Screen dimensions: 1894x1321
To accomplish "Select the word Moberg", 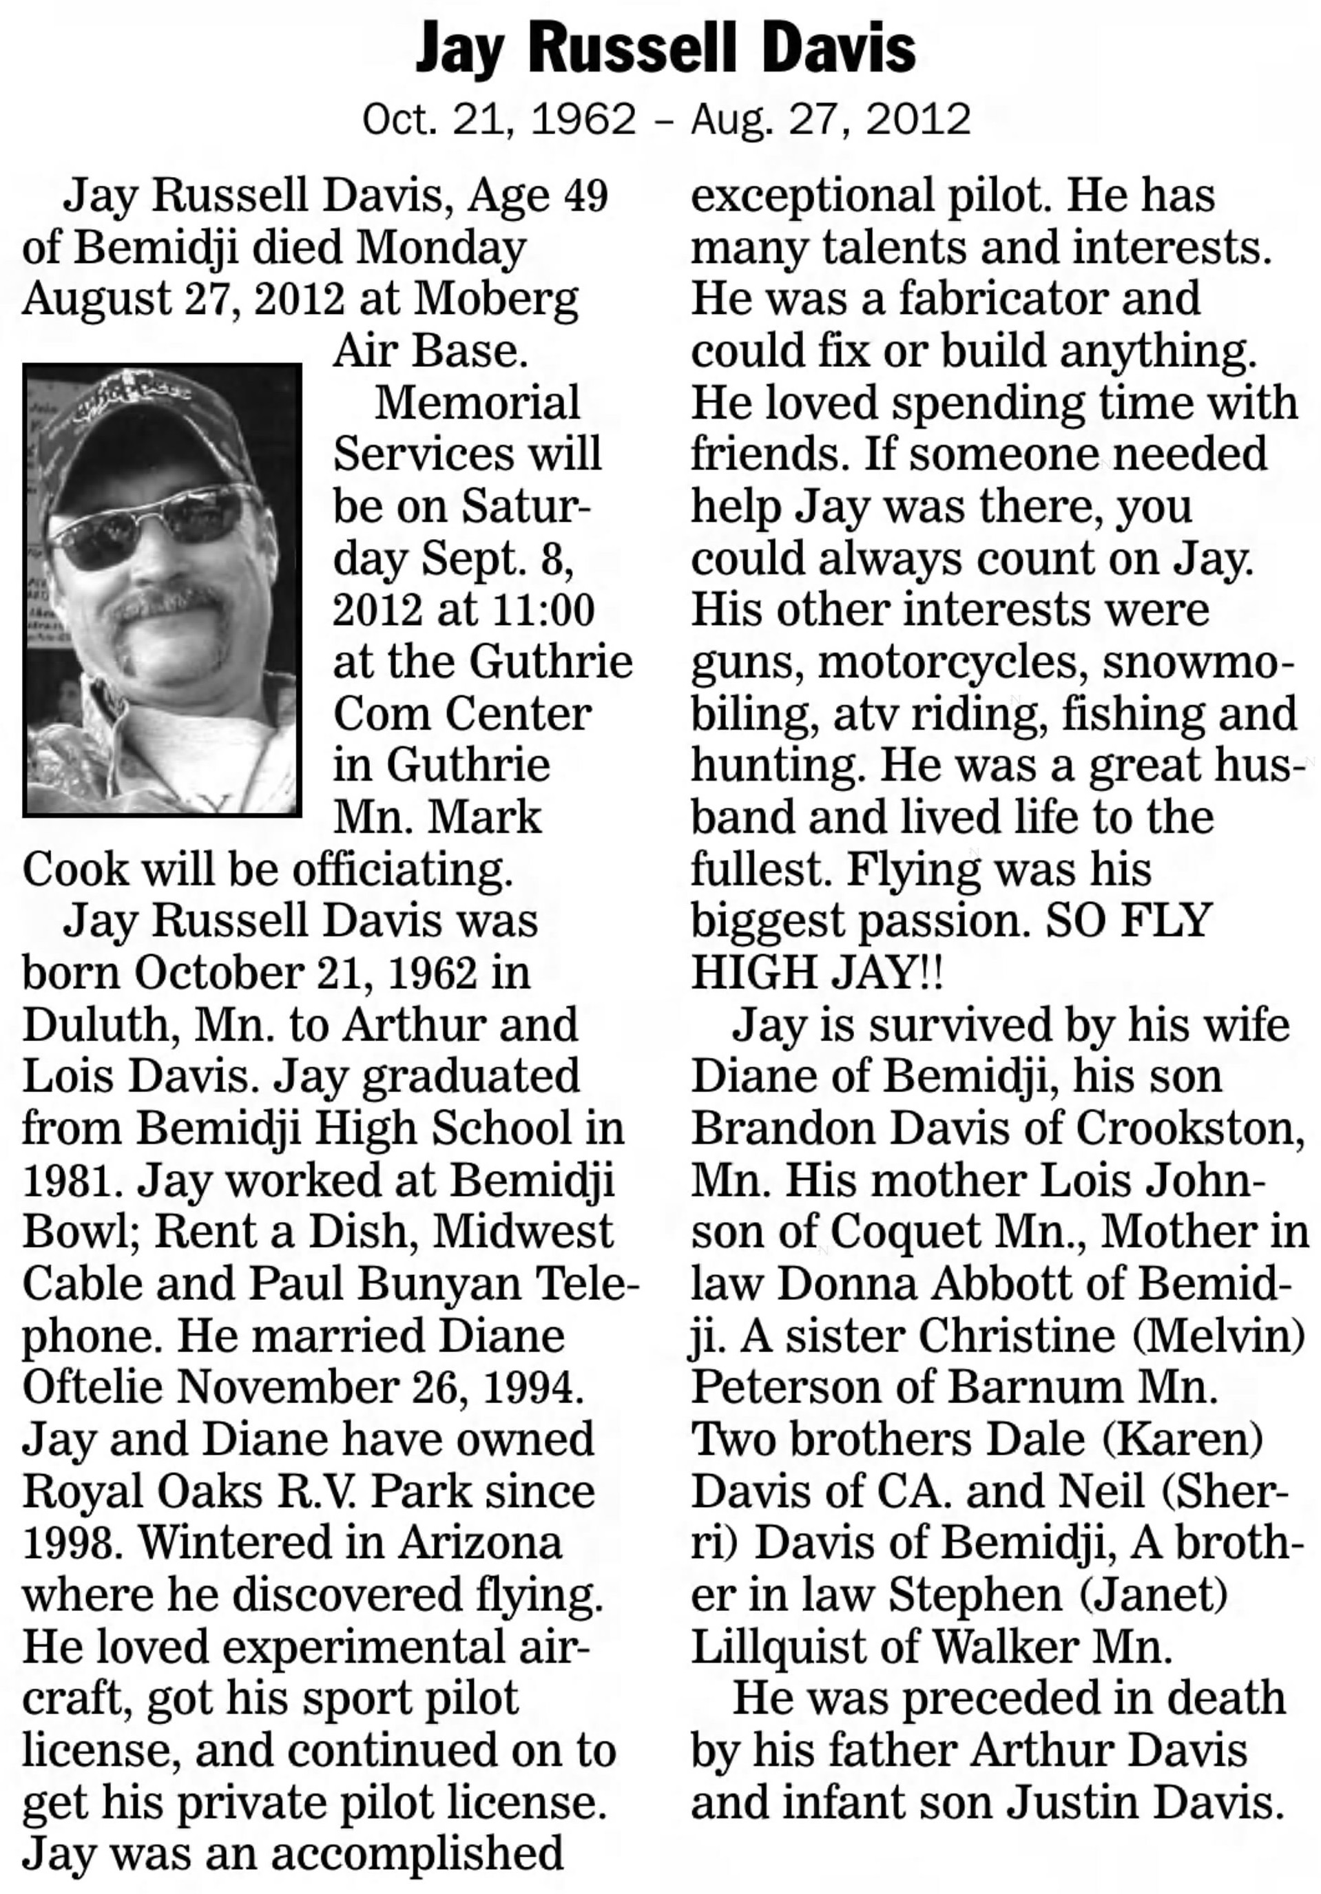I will [x=496, y=300].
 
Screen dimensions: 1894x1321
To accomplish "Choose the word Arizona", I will [x=479, y=1544].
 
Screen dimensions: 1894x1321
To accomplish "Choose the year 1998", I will [x=68, y=1544].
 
